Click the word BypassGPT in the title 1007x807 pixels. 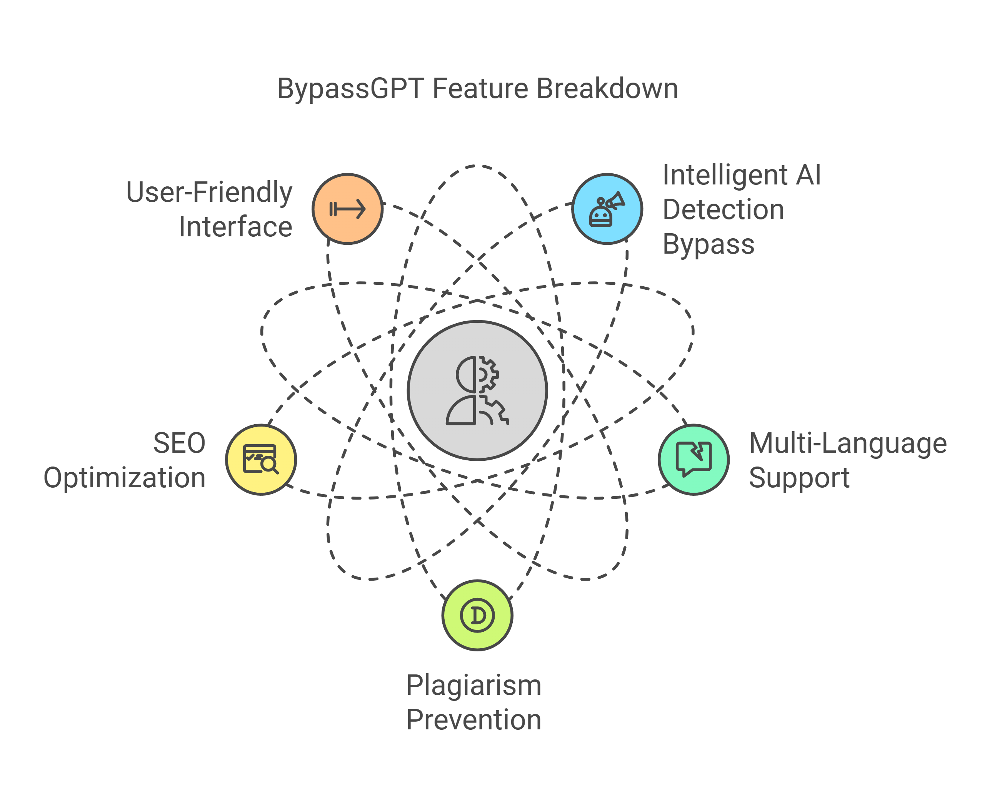350,89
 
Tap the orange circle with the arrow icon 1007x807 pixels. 347,209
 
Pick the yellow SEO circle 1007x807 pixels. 261,459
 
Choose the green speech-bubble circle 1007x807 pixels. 694,459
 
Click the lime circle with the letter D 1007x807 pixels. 477,615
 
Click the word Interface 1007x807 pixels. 235,227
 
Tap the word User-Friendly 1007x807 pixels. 209,192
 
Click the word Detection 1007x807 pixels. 723,209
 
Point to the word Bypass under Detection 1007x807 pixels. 708,244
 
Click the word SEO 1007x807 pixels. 179,443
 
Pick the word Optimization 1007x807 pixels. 125,478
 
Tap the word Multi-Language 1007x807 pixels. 848,443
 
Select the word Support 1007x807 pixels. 799,478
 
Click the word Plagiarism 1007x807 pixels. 473,685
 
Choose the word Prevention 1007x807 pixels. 473,720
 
